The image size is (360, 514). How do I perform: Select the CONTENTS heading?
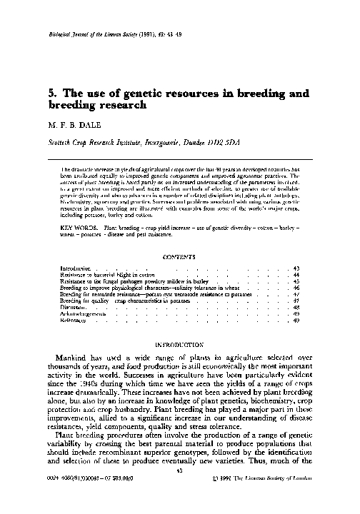[x=179, y=256]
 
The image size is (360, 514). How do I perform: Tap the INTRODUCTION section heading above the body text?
[x=179, y=343]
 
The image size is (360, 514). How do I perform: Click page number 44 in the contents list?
[x=296, y=275]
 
